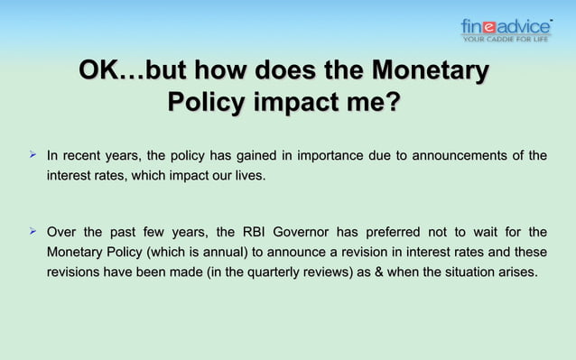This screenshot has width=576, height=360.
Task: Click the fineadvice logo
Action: coord(505,26)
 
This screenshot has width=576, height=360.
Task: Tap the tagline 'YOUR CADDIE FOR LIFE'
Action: coord(505,39)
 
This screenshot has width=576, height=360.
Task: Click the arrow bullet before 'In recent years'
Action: coord(33,155)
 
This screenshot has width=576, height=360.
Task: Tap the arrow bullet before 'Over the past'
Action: coord(33,232)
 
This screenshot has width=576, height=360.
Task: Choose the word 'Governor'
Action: coord(311,233)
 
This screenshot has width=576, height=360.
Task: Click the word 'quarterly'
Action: coord(269,272)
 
